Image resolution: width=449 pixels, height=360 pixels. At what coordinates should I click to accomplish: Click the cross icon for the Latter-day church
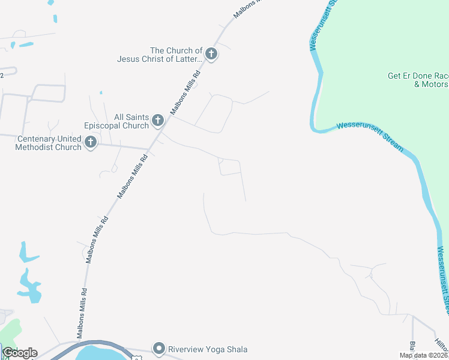[211, 54]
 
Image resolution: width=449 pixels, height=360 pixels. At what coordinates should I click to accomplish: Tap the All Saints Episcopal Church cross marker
[158, 121]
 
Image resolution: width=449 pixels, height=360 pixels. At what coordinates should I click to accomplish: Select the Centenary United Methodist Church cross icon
[91, 142]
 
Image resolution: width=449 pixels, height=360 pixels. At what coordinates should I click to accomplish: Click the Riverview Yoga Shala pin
[158, 348]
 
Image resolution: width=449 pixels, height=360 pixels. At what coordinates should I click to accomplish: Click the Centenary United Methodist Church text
[49, 143]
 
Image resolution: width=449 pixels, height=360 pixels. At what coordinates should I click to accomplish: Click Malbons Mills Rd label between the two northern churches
[185, 93]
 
